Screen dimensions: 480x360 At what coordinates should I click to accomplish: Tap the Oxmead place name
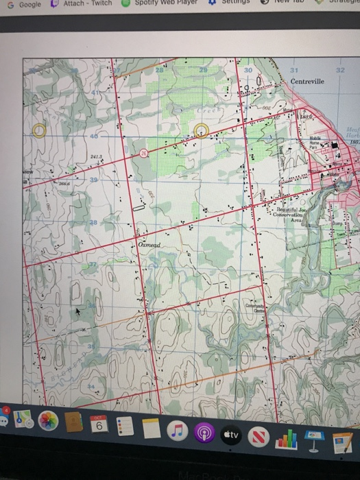click(149, 245)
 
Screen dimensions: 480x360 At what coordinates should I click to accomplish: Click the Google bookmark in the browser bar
click(24, 4)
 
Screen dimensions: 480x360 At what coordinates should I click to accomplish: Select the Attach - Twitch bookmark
click(82, 4)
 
